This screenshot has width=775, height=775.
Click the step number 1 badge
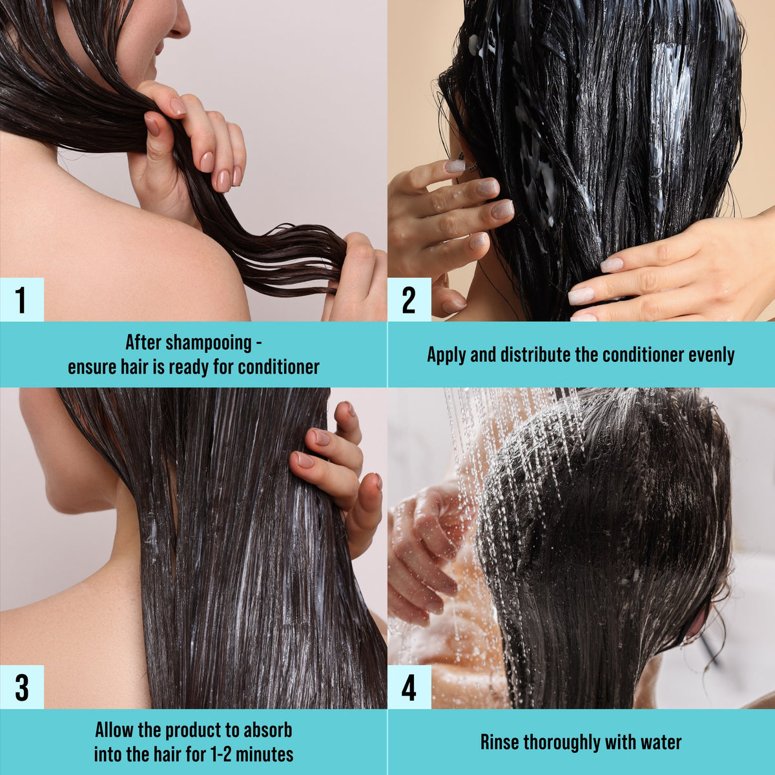point(22,299)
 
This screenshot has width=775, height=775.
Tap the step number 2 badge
point(409,299)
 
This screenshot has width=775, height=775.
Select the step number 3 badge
point(22,686)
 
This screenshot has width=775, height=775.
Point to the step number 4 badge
point(409,686)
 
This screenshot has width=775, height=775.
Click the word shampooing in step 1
point(209,343)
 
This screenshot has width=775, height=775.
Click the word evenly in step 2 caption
point(712,356)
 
